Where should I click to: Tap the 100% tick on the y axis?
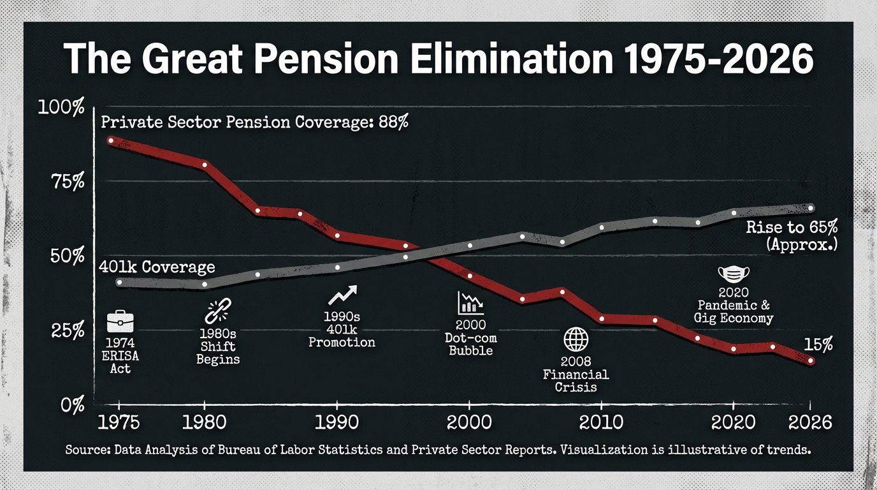coord(61,107)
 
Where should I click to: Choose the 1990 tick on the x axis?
coord(337,422)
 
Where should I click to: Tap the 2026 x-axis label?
coord(809,422)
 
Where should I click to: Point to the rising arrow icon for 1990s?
coord(342,295)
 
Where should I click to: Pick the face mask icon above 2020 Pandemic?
coord(734,274)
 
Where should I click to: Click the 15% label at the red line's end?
coord(818,345)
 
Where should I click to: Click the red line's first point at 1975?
coord(111,140)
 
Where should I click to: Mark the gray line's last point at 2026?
coord(811,207)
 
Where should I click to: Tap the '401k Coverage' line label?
coord(157,267)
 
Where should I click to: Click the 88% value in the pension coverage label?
coord(393,122)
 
